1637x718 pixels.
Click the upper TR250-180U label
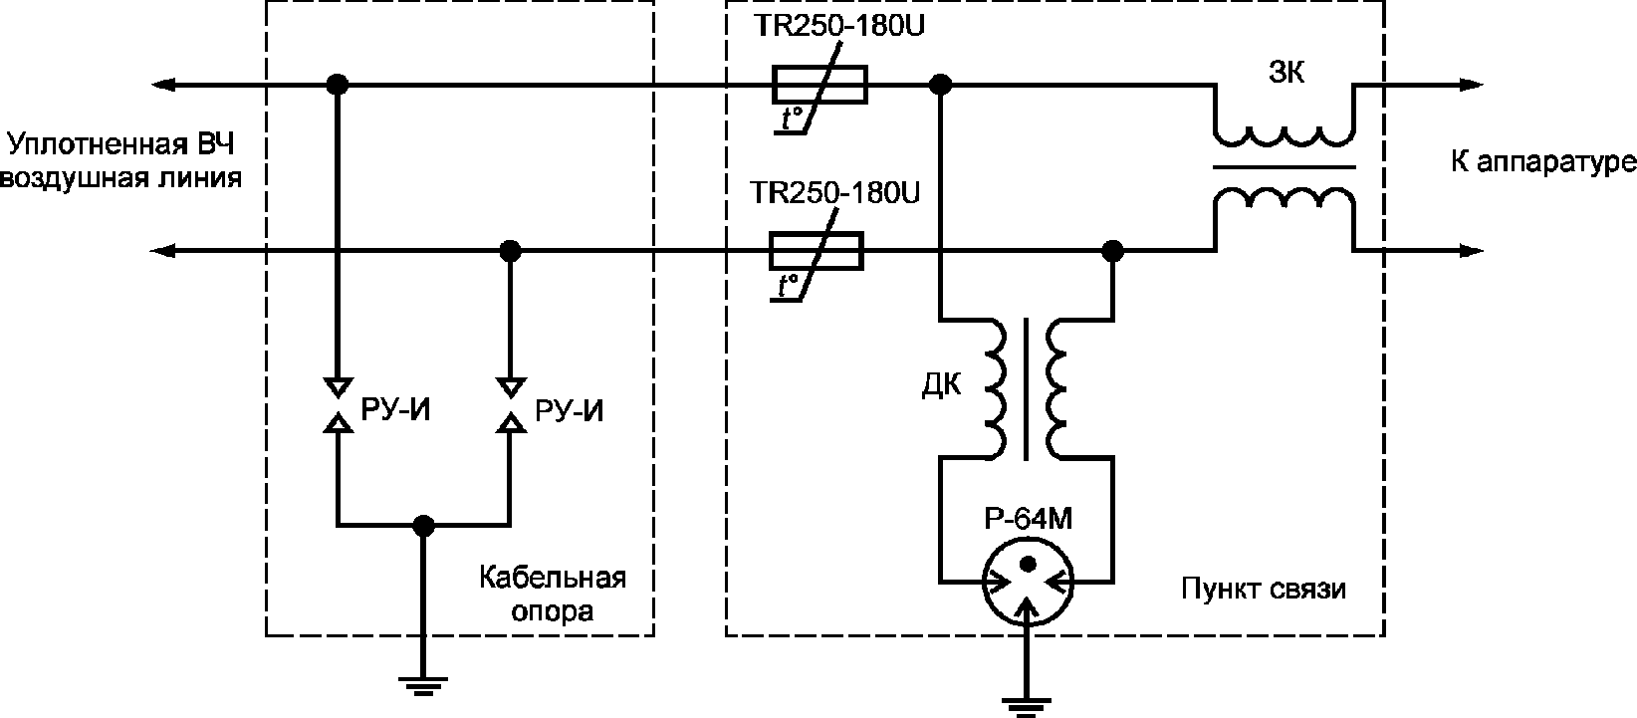click(839, 26)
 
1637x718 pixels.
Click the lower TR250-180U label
click(834, 193)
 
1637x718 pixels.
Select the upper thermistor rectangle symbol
click(819, 85)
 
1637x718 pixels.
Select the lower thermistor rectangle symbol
click(816, 251)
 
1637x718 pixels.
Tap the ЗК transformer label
click(1286, 73)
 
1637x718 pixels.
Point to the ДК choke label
click(941, 384)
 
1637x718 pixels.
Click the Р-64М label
click(1028, 519)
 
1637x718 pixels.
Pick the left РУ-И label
click(395, 411)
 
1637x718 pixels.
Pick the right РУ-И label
click(570, 411)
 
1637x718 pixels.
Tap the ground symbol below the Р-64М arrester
click(1027, 706)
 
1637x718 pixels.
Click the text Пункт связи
click(1264, 589)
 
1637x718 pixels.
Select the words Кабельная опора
click(553, 595)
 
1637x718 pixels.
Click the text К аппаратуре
click(1543, 162)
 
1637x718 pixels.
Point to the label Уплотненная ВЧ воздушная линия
click(121, 161)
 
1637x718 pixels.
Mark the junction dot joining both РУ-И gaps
click(424, 525)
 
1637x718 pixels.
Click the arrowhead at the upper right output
click(1472, 85)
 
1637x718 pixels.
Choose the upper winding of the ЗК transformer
click(1285, 136)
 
